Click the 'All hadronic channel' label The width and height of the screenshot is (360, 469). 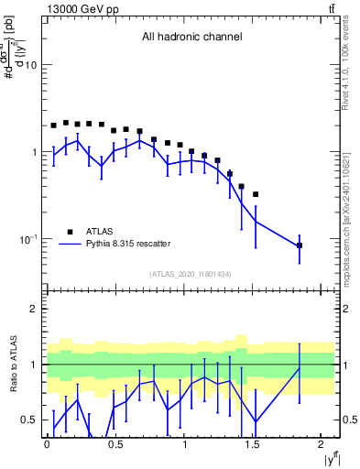click(x=191, y=38)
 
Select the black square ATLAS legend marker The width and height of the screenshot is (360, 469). click(x=69, y=232)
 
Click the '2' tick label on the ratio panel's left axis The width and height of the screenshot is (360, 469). click(x=35, y=310)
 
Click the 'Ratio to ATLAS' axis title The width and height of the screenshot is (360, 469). click(x=13, y=365)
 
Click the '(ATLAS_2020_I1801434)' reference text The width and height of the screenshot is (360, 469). click(x=191, y=274)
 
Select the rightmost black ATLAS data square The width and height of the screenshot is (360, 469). click(x=300, y=245)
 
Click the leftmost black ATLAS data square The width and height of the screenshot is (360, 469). click(x=53, y=125)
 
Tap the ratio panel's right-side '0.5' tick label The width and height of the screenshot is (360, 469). click(x=349, y=420)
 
